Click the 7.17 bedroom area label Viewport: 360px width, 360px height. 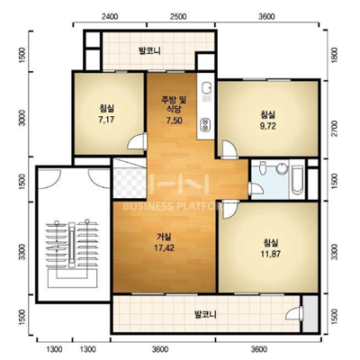[106, 120]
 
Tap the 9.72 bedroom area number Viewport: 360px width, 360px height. [268, 126]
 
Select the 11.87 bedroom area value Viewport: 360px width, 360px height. [271, 254]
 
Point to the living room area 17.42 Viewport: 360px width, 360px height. [164, 248]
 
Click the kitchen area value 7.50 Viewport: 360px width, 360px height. [175, 121]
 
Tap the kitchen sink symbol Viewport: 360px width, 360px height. [206, 87]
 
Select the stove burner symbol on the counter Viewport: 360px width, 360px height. [205, 125]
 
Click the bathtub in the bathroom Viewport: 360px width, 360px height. [297, 179]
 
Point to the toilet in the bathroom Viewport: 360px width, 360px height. [263, 168]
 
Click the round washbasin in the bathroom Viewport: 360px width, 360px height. [282, 168]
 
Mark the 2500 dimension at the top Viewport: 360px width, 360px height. [178, 16]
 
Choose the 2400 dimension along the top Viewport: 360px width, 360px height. [109, 16]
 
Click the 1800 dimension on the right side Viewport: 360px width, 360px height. [335, 55]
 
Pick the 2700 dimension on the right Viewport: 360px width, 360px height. [335, 129]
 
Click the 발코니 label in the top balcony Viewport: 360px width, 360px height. [149, 50]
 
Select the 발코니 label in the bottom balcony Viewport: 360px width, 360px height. [205, 315]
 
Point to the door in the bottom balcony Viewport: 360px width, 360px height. [294, 313]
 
